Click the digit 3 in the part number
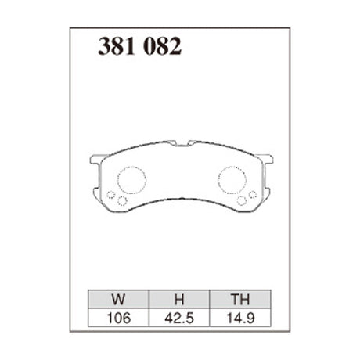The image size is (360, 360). [104, 46]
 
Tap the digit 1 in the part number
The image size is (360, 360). [129, 46]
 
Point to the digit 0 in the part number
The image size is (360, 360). [151, 46]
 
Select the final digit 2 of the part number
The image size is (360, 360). [175, 46]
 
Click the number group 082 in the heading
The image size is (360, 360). [163, 46]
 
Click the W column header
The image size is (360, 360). [118, 299]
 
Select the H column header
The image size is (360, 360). [179, 299]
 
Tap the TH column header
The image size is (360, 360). [240, 299]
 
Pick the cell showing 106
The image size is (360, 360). [119, 319]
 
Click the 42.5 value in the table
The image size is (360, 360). [179, 319]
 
